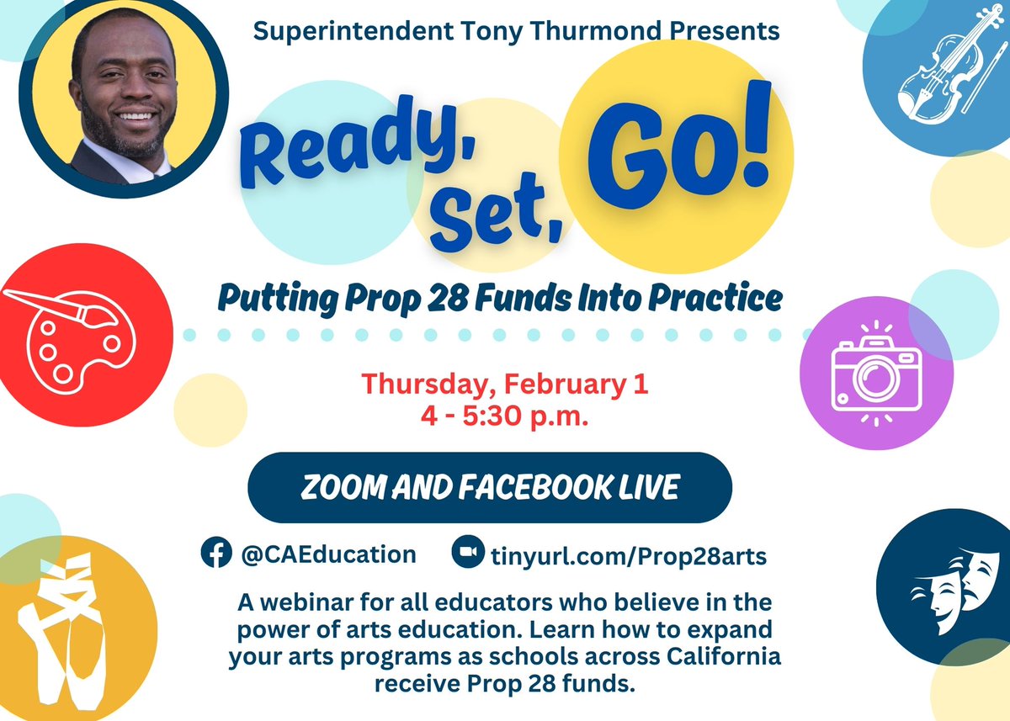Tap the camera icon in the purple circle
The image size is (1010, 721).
click(876, 371)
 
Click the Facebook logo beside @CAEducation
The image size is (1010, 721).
click(215, 554)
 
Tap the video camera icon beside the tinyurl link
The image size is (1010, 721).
click(465, 554)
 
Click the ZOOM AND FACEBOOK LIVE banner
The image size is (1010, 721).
click(489, 488)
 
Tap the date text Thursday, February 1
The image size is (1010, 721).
click(505, 384)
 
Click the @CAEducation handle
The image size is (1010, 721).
click(328, 554)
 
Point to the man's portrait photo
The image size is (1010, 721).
click(123, 99)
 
